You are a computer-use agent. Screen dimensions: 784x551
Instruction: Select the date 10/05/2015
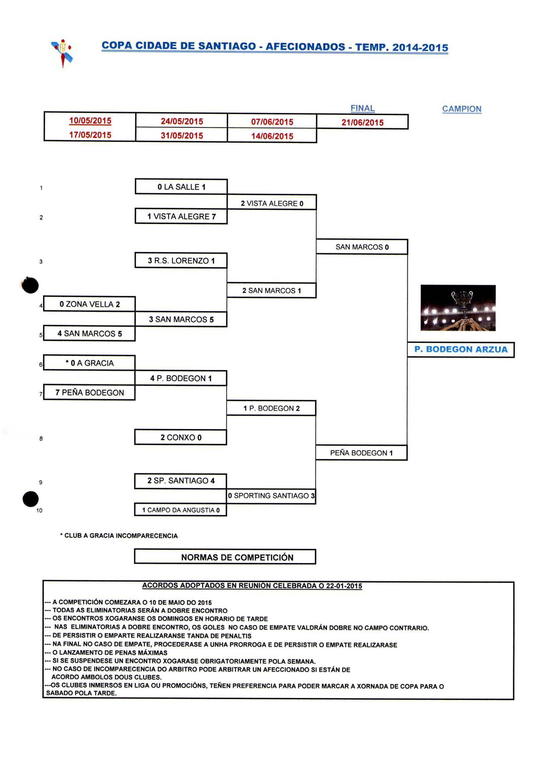(x=90, y=121)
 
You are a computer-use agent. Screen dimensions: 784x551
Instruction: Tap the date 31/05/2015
(x=182, y=136)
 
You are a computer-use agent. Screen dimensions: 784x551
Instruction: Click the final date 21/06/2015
(x=362, y=122)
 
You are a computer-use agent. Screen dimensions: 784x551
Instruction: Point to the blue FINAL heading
(x=362, y=108)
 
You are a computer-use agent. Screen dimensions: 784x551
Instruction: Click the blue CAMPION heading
(x=462, y=109)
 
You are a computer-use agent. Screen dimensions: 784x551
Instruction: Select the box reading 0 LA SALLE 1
(x=181, y=187)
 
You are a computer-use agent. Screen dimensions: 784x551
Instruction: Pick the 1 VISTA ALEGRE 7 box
(x=181, y=216)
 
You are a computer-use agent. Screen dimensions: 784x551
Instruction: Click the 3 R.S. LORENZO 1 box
(x=181, y=261)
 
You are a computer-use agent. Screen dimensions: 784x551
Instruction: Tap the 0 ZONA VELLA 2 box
(x=89, y=304)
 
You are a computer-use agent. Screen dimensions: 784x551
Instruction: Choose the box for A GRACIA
(x=89, y=363)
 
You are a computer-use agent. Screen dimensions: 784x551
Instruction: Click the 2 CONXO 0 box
(x=181, y=438)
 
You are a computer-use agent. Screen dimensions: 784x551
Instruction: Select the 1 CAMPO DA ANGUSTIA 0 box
(x=181, y=510)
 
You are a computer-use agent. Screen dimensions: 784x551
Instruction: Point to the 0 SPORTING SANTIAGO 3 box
(x=271, y=496)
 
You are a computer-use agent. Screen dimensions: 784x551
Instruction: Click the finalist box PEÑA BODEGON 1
(x=361, y=453)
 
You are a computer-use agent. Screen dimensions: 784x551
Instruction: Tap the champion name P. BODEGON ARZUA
(x=461, y=349)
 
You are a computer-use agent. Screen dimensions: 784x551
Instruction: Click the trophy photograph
(x=458, y=308)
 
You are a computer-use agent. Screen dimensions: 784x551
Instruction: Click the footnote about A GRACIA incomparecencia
(x=119, y=536)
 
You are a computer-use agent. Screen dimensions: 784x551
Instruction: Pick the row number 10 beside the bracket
(x=39, y=511)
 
